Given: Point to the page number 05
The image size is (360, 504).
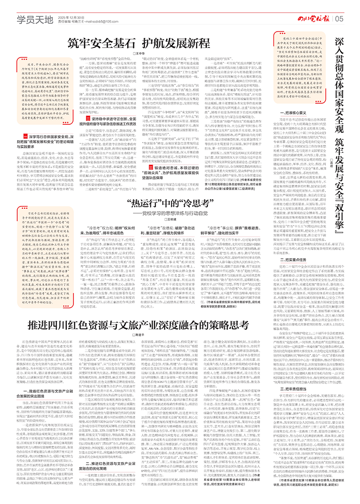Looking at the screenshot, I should tap(339, 19).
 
